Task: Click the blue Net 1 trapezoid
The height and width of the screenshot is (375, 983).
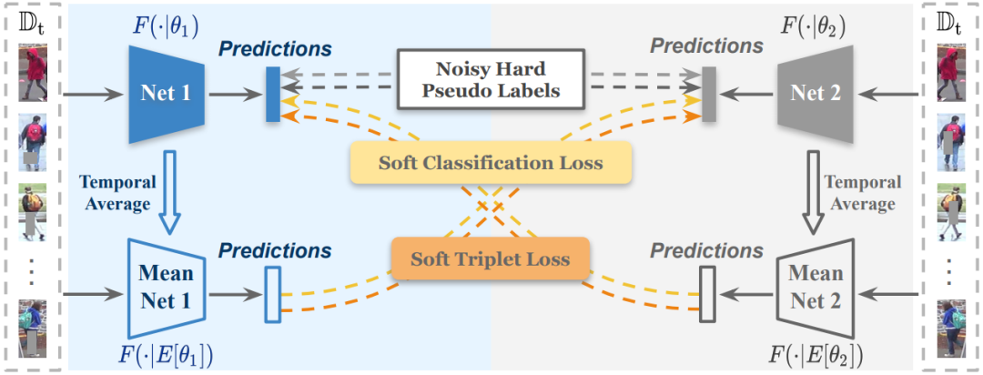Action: pyautogui.click(x=165, y=93)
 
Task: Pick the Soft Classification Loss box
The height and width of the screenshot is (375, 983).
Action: pyautogui.click(x=490, y=164)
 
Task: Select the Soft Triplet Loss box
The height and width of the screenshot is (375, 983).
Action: pyautogui.click(x=490, y=258)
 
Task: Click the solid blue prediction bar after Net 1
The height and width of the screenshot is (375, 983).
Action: pyautogui.click(x=272, y=94)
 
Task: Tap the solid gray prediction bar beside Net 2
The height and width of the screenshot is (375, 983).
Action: pyautogui.click(x=710, y=94)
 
